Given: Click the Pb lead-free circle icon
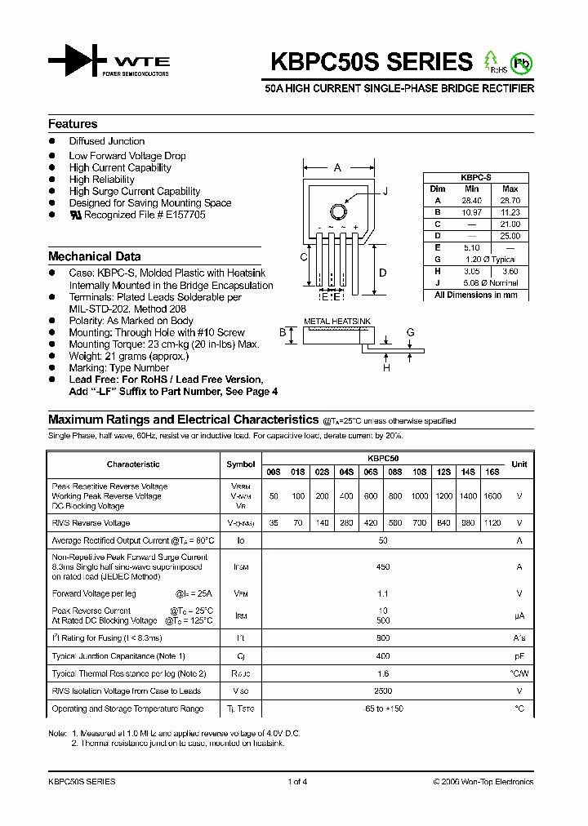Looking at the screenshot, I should (x=520, y=63).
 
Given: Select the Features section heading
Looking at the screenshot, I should (x=73, y=124).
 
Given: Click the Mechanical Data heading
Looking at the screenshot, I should (x=94, y=256).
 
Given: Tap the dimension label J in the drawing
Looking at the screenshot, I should (x=385, y=190).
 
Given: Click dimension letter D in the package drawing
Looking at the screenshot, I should (x=381, y=273).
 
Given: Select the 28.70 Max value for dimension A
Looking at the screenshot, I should (x=510, y=200).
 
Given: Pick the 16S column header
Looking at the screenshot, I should (x=492, y=471).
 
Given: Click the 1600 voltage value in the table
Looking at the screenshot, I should (x=492, y=496).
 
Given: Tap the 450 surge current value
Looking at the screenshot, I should (x=383, y=566).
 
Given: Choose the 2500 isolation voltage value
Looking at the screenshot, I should (x=383, y=691).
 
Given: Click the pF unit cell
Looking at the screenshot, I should (x=519, y=655).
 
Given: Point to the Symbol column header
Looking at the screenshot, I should (x=240, y=464).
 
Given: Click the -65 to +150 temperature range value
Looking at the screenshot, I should (x=383, y=708).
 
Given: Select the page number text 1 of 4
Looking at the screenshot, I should (x=297, y=781).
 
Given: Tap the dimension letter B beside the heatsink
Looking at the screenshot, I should (x=283, y=333).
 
